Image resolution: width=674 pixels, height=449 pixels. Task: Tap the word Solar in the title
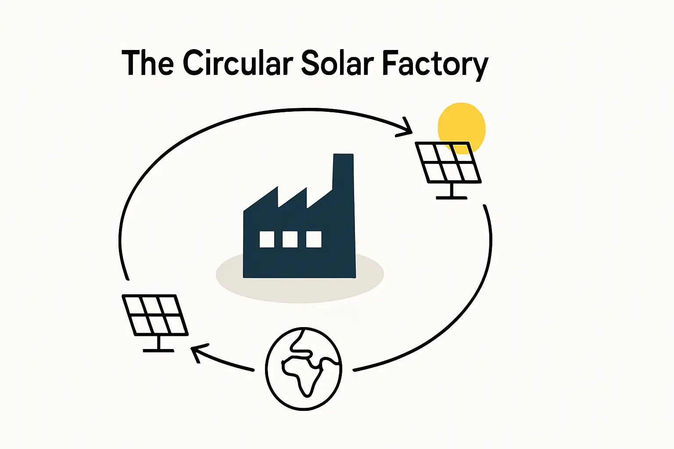[337, 63]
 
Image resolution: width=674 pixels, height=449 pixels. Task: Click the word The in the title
[147, 63]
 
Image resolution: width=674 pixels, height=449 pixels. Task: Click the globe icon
[303, 368]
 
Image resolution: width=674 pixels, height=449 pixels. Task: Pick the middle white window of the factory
[290, 239]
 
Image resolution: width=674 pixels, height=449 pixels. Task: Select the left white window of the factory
[267, 239]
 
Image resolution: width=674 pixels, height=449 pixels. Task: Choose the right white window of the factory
[314, 239]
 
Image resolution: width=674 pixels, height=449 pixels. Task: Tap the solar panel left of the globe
[154, 315]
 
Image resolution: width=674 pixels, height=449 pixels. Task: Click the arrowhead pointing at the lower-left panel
[196, 351]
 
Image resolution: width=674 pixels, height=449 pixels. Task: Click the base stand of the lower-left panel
[158, 350]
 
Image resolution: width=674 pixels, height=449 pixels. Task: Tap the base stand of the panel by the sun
[452, 197]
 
